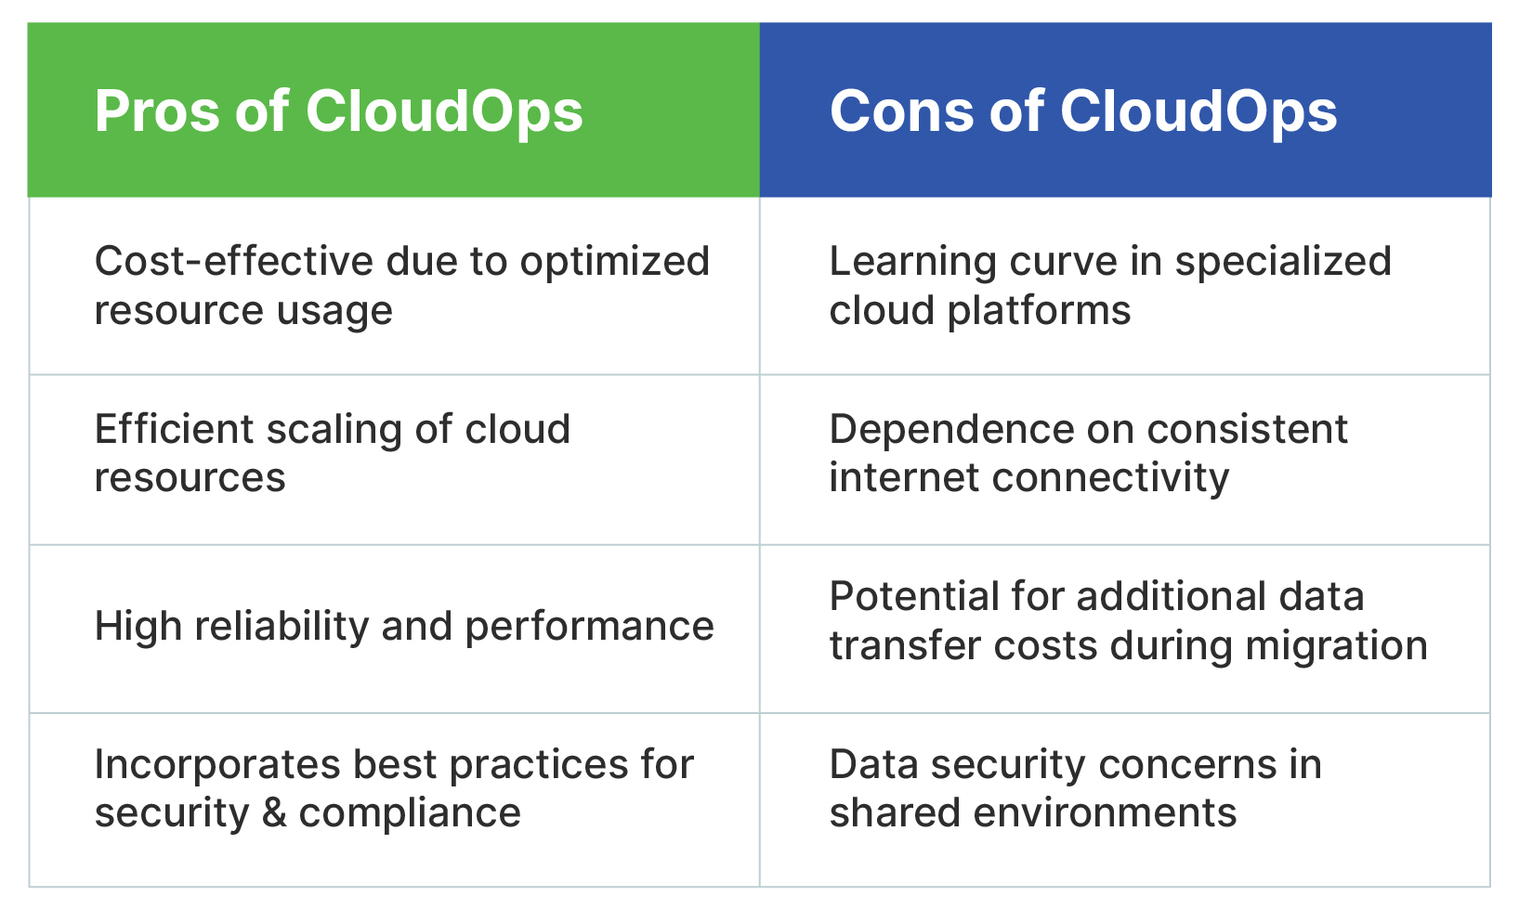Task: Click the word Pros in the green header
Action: pos(157,111)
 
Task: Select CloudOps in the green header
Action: pos(444,112)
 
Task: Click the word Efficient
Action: pos(174,429)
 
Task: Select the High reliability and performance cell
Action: pos(393,629)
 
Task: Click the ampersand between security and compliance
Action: pos(274,813)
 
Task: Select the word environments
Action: pos(1105,813)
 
